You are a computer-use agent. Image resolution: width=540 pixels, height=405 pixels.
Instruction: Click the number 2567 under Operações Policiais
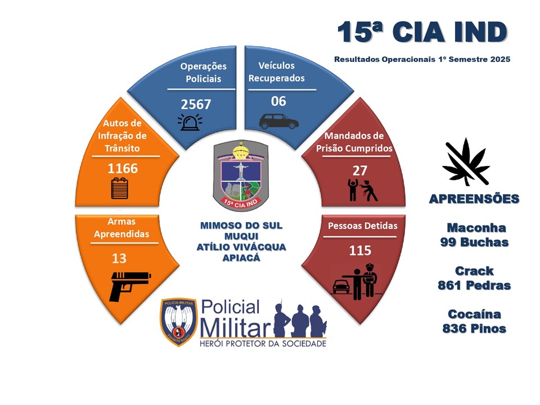tap(196, 104)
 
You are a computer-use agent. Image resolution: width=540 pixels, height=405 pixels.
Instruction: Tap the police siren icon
tap(190, 122)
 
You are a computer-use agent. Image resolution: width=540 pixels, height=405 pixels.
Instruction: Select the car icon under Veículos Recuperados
tap(278, 121)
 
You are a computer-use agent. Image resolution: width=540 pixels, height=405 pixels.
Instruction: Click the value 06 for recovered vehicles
tap(278, 101)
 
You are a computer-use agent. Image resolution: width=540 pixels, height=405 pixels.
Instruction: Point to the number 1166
tap(123, 168)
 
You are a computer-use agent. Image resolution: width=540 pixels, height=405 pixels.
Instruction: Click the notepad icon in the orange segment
tap(119, 188)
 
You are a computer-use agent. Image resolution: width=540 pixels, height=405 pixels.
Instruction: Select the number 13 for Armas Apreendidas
tap(119, 258)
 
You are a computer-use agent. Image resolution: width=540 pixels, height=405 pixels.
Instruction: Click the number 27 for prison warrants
tap(359, 170)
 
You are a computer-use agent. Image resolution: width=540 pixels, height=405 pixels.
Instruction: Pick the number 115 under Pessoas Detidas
tap(360, 250)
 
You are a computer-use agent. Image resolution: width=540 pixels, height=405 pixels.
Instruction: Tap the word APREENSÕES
tap(474, 199)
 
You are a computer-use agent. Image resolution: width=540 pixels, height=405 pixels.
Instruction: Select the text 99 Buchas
tap(474, 242)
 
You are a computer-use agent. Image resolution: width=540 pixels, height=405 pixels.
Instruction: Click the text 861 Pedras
tap(474, 285)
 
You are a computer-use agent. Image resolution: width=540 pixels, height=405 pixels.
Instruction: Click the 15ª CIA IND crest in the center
tap(240, 175)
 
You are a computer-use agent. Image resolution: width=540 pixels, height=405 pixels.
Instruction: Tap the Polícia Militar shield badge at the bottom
tap(178, 322)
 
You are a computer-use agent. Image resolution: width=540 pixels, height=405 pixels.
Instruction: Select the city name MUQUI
tap(241, 236)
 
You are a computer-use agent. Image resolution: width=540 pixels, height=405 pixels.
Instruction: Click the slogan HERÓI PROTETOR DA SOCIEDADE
tap(263, 344)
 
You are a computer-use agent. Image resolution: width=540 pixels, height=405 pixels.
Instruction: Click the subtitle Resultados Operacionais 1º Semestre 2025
tap(422, 59)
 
